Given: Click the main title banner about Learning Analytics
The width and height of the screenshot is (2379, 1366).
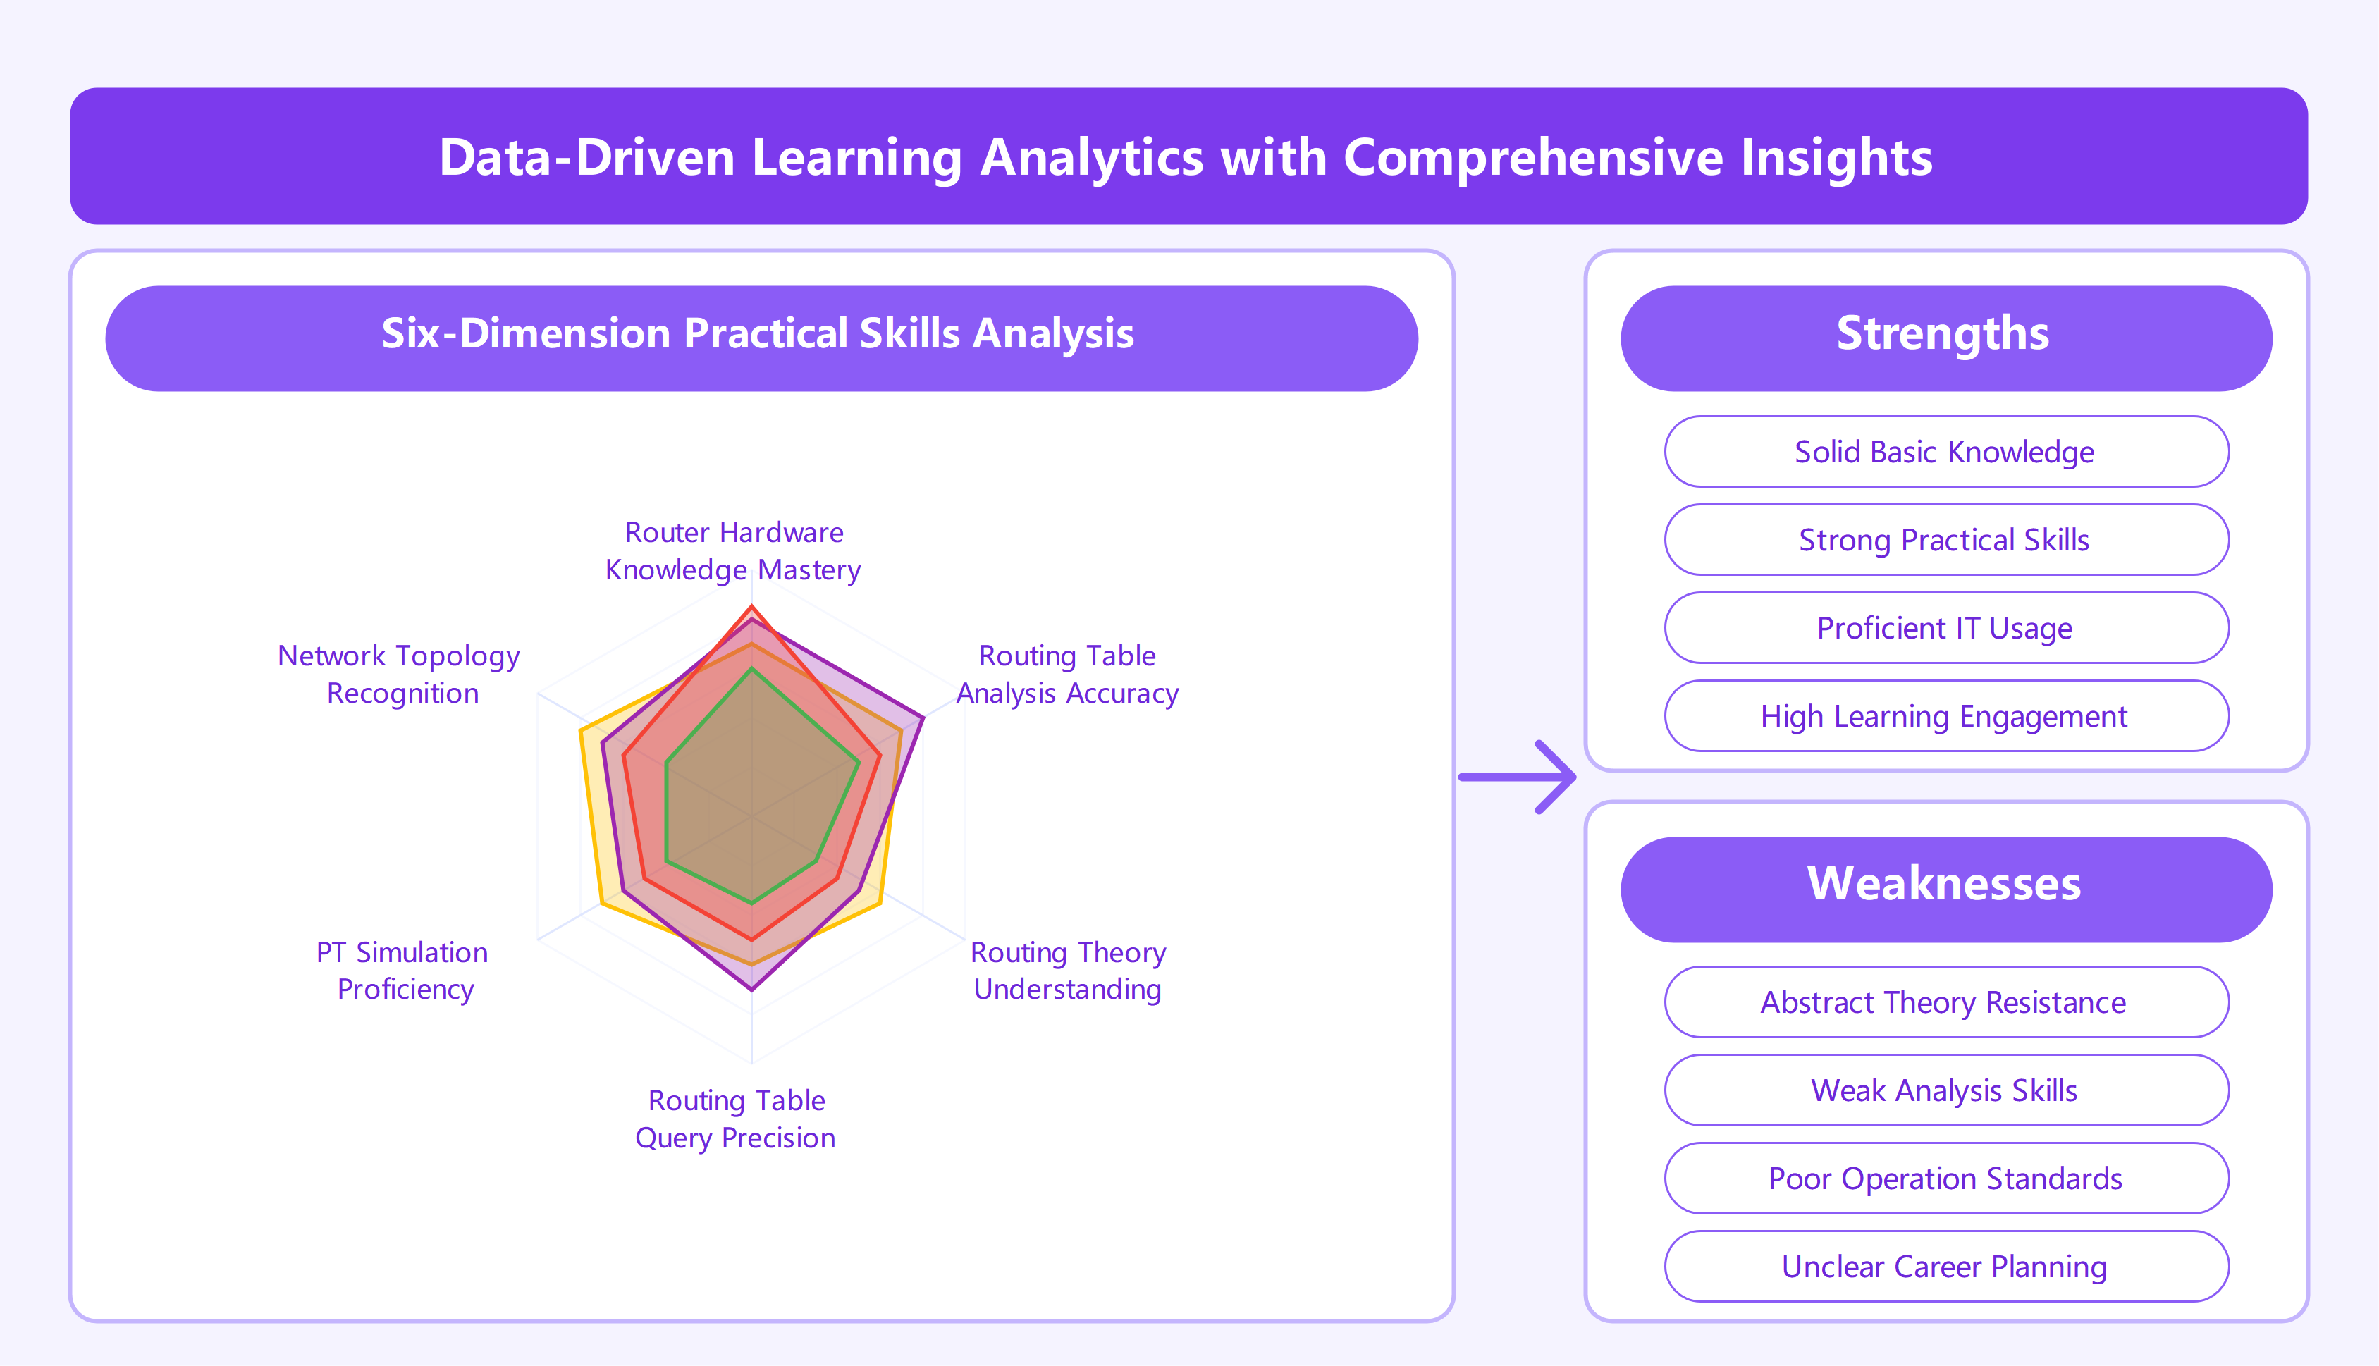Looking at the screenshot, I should click(1188, 156).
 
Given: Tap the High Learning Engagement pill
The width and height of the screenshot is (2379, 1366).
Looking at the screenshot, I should click(1945, 716).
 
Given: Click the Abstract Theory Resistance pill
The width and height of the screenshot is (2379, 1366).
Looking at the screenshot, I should click(1945, 1002).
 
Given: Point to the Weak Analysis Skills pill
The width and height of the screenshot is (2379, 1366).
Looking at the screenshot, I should click(1945, 1090).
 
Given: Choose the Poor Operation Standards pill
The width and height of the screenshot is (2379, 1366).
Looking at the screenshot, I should click(1945, 1179).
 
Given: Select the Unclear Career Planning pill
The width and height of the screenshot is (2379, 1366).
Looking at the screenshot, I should click(1945, 1267).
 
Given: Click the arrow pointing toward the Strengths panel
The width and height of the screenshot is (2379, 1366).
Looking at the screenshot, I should click(1520, 777).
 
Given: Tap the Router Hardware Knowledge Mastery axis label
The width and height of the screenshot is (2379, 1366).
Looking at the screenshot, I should click(734, 550).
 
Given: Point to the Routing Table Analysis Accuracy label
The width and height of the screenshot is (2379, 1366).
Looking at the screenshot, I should click(1067, 674).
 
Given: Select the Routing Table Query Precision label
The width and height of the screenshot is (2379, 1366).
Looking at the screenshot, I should click(735, 1119).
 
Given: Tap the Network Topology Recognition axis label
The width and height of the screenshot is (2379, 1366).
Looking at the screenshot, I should click(400, 674).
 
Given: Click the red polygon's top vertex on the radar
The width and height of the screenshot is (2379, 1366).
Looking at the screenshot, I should click(751, 608).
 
